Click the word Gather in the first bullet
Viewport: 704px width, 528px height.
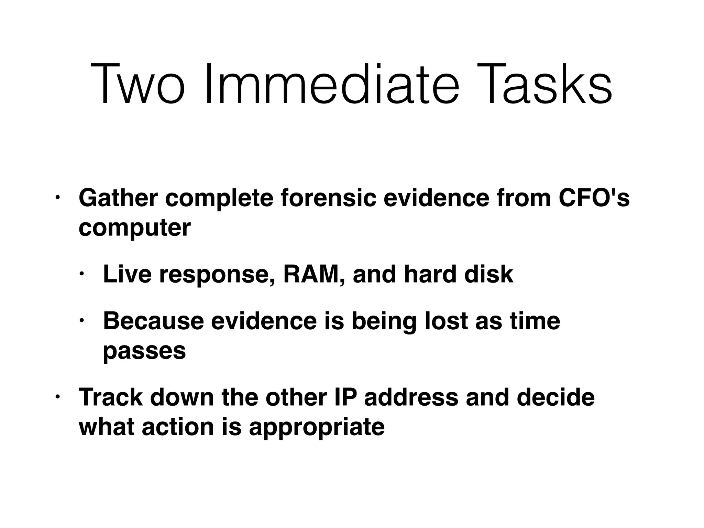[118, 198]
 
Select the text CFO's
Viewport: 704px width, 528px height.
[594, 198]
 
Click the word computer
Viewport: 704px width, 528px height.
[134, 228]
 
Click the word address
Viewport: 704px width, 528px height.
[411, 397]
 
